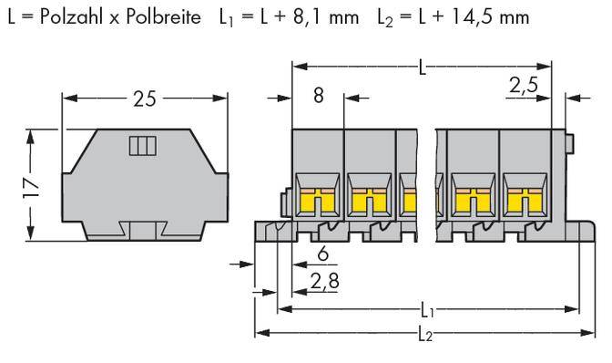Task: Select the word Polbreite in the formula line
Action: click(x=149, y=16)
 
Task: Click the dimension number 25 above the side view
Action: click(x=144, y=98)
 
